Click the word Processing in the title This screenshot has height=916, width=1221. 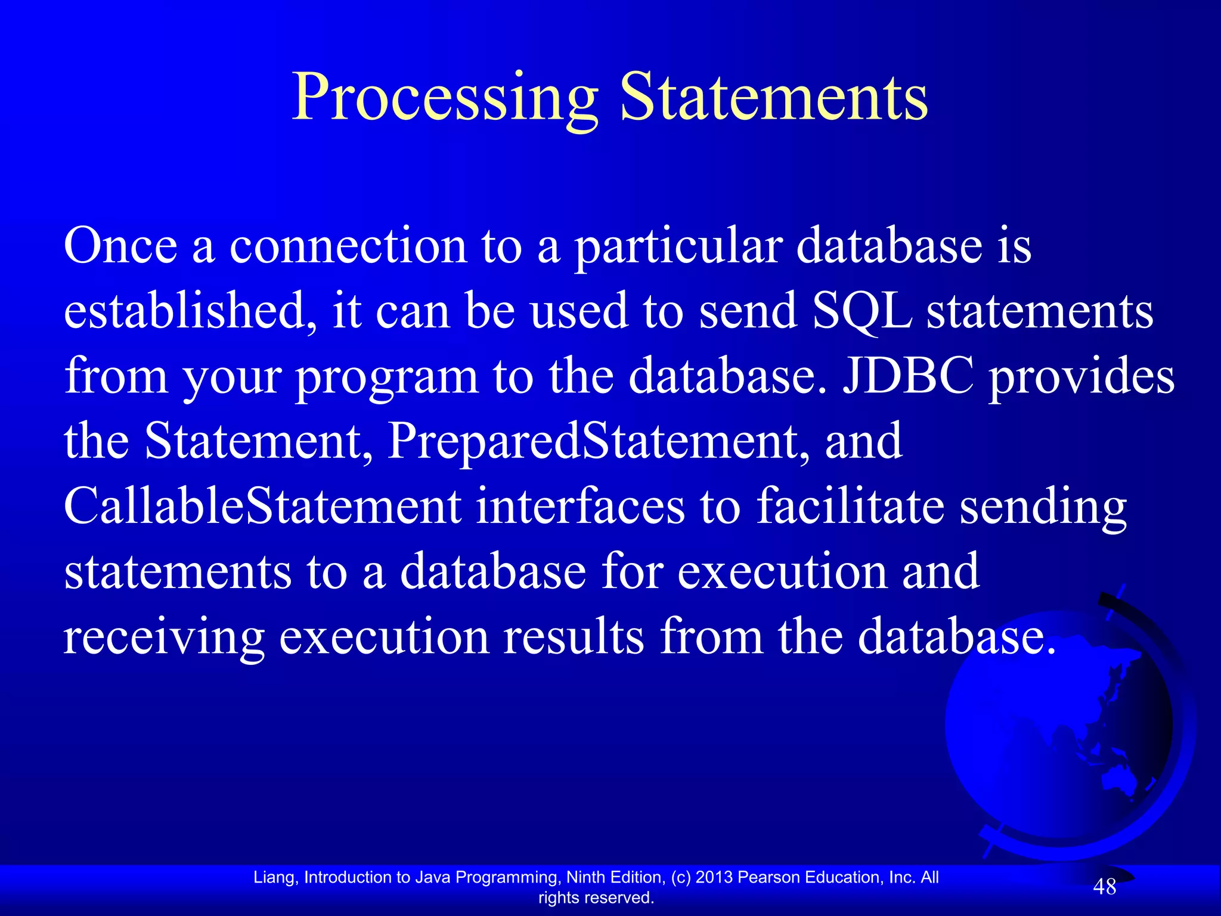point(444,98)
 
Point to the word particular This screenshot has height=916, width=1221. point(678,247)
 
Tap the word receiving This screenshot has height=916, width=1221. point(163,638)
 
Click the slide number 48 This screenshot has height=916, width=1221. point(1104,887)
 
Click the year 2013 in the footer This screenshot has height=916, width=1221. point(714,877)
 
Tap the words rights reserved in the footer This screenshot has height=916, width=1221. point(596,898)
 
